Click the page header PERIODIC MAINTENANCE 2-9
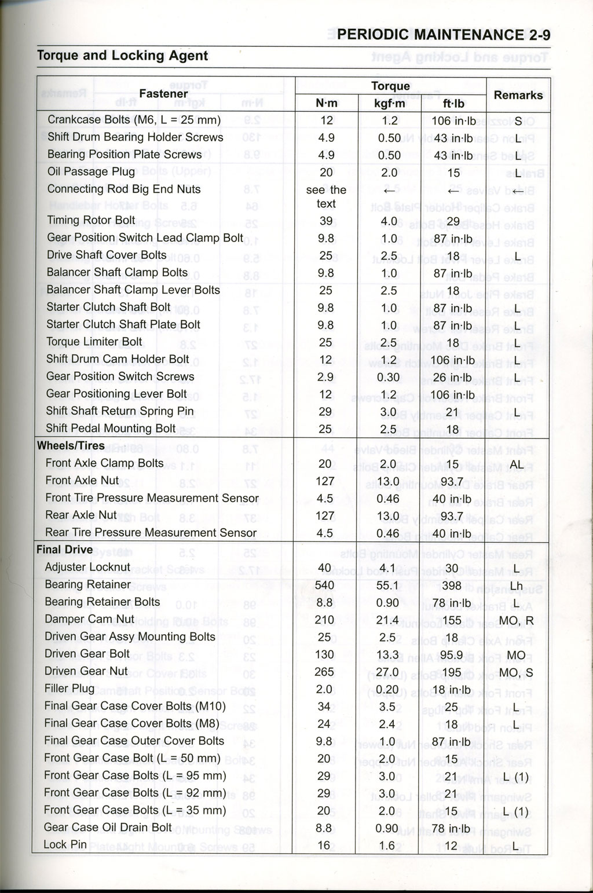click(443, 35)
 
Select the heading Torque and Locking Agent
click(122, 56)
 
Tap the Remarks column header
click(518, 95)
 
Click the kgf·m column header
click(390, 104)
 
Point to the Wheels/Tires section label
click(71, 446)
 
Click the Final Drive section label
click(64, 550)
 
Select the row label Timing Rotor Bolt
click(91, 220)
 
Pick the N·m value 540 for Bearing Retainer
click(324, 585)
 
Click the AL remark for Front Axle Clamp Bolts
click(517, 464)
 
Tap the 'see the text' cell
click(326, 197)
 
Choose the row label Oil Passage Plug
click(91, 171)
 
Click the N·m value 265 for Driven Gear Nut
click(324, 672)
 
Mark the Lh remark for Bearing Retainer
click(516, 586)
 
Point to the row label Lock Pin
click(65, 844)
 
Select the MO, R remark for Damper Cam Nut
click(516, 621)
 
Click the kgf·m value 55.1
click(387, 585)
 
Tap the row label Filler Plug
click(69, 689)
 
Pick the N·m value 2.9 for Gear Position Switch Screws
click(326, 377)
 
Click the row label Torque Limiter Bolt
click(94, 342)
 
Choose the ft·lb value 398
click(452, 585)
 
